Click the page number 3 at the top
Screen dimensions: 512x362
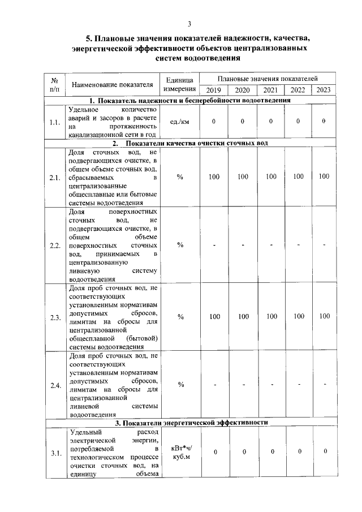coord(190,23)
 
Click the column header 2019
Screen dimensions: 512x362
coord(214,90)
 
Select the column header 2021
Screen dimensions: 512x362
coord(270,90)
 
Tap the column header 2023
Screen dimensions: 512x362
coord(324,90)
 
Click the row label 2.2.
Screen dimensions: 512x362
coord(55,246)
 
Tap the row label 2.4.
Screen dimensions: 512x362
coord(55,386)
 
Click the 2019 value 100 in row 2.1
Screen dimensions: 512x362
coord(214,177)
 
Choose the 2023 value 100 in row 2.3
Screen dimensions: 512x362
coord(324,317)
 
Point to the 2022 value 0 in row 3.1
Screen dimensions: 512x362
coord(299,451)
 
